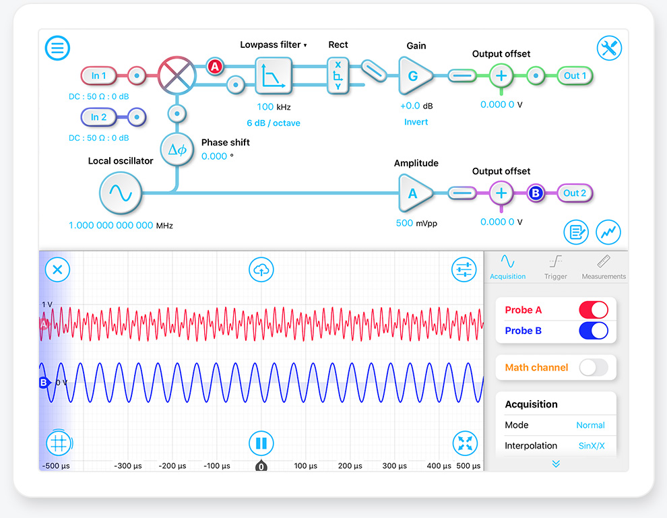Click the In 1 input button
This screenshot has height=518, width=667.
[x=98, y=75]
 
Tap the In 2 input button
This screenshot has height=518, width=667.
[x=98, y=117]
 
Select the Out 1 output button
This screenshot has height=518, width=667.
[x=575, y=75]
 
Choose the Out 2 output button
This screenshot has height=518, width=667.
[x=575, y=193]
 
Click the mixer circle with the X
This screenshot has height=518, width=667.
[x=177, y=75]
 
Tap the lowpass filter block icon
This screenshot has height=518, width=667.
[x=274, y=75]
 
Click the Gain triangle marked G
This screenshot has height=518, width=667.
[x=415, y=76]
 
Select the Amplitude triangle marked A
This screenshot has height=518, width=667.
[x=415, y=193]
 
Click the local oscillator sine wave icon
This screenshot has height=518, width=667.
[x=121, y=193]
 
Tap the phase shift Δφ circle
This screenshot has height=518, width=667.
[x=177, y=150]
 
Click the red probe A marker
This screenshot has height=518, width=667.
[x=215, y=67]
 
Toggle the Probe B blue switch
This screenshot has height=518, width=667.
[x=594, y=331]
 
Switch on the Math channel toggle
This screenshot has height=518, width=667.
[x=594, y=367]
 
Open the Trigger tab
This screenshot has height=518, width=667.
[x=556, y=267]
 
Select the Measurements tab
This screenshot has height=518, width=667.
[x=604, y=267]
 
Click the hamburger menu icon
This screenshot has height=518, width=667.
[x=57, y=48]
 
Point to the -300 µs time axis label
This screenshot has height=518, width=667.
[x=127, y=465]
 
